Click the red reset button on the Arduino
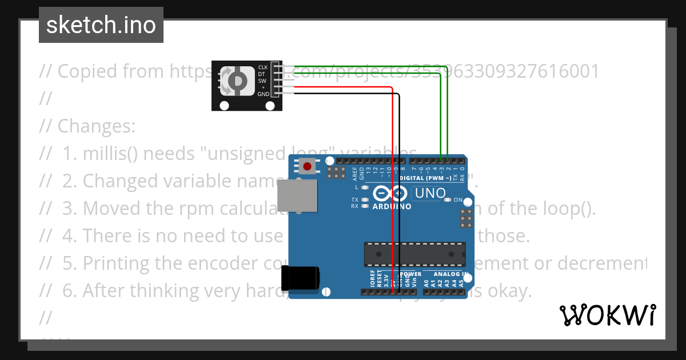[308, 167]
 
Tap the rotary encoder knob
[237, 81]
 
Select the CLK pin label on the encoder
[263, 67]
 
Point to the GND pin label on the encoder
[263, 94]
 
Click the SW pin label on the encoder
[263, 81]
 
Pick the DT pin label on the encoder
[262, 74]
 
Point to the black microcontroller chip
[414, 254]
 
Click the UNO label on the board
[430, 194]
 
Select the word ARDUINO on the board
[392, 206]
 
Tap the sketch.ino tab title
[101, 25]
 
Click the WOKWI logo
[608, 315]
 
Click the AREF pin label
[354, 173]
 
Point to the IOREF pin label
[372, 278]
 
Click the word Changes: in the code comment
[96, 126]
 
